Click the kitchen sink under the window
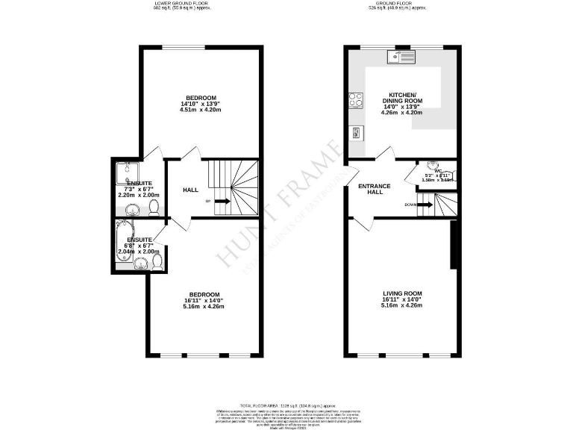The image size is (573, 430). point(401,56)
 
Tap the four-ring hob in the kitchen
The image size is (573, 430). point(355,99)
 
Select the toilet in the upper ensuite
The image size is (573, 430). point(154,206)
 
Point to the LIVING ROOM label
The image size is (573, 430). point(402,293)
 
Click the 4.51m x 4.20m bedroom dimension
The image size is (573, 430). point(201,110)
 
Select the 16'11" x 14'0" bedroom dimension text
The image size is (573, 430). point(203,300)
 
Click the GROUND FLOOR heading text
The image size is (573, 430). point(396,4)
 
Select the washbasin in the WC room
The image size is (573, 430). point(433,166)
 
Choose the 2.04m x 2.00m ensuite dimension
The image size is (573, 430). point(134,252)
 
